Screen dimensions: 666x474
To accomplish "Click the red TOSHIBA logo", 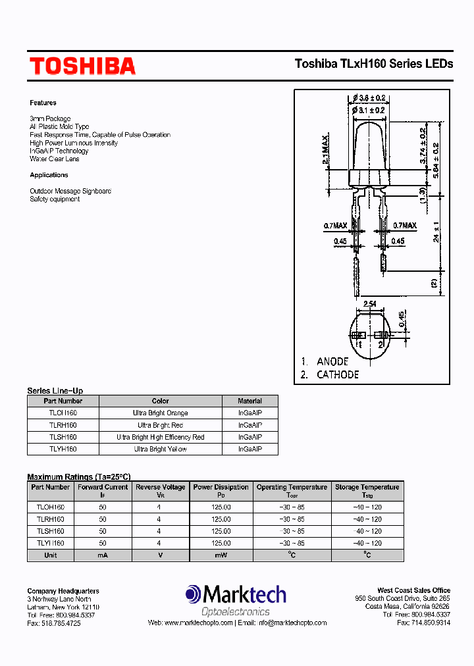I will (82, 66).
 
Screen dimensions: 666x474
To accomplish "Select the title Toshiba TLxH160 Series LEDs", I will (374, 64).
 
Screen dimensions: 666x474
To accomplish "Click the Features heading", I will (43, 103).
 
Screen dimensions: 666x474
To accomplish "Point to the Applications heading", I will (49, 175).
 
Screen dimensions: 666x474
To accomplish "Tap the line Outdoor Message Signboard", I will (70, 191).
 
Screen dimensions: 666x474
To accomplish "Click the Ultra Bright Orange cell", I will (160, 413).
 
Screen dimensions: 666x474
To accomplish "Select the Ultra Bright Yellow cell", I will (160, 449).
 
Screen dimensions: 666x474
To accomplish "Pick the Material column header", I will (250, 401).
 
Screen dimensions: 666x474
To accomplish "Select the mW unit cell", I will (221, 555).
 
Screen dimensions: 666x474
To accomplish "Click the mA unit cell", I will (103, 555).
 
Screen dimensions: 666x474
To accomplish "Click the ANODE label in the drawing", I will (332, 361).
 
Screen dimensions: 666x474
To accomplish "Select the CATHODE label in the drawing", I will (338, 374).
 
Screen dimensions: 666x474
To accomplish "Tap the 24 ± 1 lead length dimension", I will (436, 233).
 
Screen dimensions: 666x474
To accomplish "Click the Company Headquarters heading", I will (63, 591).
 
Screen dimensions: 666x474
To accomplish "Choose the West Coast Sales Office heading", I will (413, 590).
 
